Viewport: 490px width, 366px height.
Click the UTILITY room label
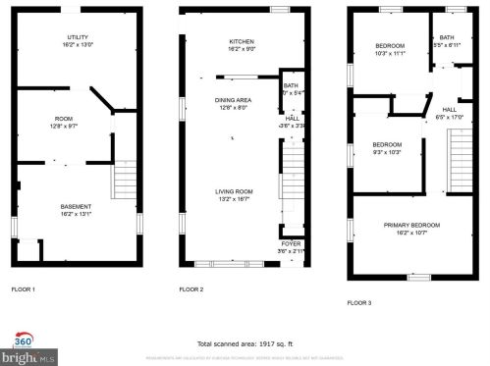77,36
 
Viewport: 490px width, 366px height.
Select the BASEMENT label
77,206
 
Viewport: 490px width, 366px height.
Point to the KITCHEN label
242,42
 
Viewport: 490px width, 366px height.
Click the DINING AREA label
234,100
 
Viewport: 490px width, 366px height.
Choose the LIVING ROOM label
235,191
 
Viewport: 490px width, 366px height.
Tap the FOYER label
292,242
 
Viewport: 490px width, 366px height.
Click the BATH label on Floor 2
291,85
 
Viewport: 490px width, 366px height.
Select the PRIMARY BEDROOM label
411,226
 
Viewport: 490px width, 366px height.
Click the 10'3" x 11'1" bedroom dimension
391,53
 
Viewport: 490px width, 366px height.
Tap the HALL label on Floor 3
449,109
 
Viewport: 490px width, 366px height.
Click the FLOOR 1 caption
24,289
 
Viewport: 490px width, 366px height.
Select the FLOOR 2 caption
191,289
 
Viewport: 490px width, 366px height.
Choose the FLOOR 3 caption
358,303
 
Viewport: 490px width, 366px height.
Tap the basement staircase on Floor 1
125,182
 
